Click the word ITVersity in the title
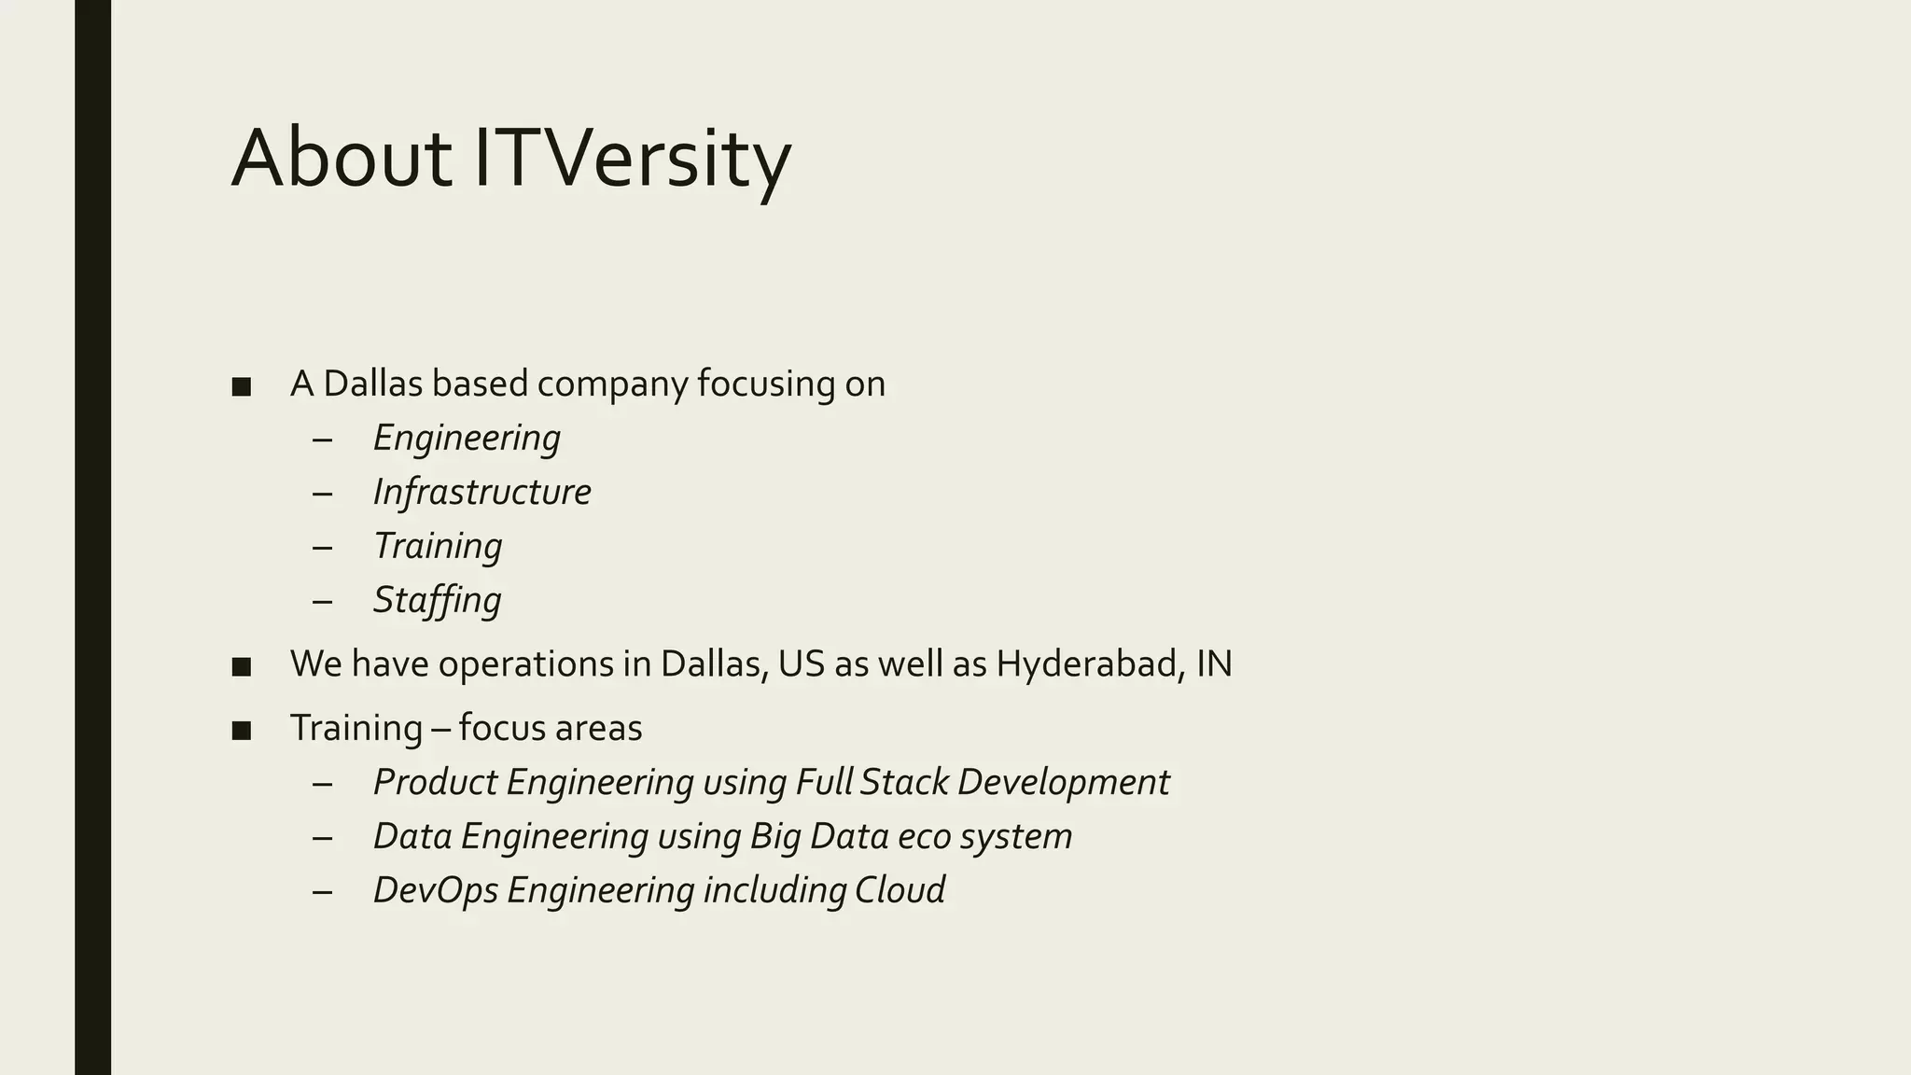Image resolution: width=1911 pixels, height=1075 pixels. click(633, 159)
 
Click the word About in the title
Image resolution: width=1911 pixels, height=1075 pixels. click(342, 159)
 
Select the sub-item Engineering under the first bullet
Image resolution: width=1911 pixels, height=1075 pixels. click(467, 438)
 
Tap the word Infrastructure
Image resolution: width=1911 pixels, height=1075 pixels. click(481, 492)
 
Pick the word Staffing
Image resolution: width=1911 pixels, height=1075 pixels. click(437, 600)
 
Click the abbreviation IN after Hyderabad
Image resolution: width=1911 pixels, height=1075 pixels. click(1214, 663)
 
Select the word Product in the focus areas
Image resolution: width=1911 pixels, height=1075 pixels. click(435, 782)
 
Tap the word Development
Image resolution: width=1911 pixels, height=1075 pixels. click(1063, 782)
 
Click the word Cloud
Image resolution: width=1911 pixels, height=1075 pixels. click(900, 890)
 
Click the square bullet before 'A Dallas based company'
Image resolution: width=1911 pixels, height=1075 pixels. click(242, 386)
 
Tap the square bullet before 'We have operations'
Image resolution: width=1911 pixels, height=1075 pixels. click(242, 666)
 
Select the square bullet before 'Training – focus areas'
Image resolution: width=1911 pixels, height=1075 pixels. click(242, 730)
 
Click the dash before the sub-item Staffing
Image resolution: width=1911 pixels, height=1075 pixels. click(323, 601)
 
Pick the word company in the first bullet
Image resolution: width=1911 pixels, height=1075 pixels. click(612, 384)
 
